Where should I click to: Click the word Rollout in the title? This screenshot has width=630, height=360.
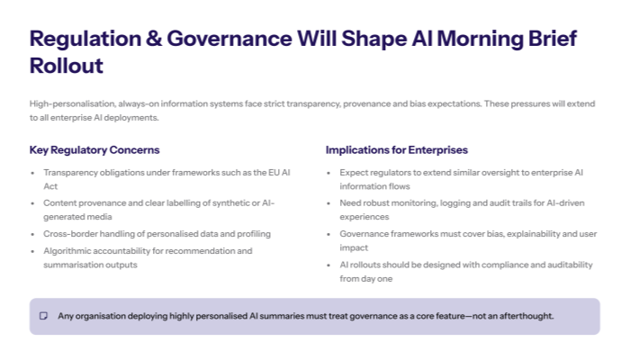pos(67,66)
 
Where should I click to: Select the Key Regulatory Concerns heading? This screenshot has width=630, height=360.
pos(94,149)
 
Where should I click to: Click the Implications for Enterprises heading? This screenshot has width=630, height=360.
pos(397,149)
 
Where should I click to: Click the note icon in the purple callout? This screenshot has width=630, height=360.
pos(43,316)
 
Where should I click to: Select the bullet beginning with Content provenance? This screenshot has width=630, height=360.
pos(157,210)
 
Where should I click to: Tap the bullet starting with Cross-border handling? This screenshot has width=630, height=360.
pos(157,233)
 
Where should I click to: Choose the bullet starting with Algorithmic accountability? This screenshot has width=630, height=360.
pos(148,256)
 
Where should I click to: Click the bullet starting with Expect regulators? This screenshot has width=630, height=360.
pos(459,178)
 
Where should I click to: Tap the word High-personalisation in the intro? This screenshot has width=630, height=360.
pos(69,104)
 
